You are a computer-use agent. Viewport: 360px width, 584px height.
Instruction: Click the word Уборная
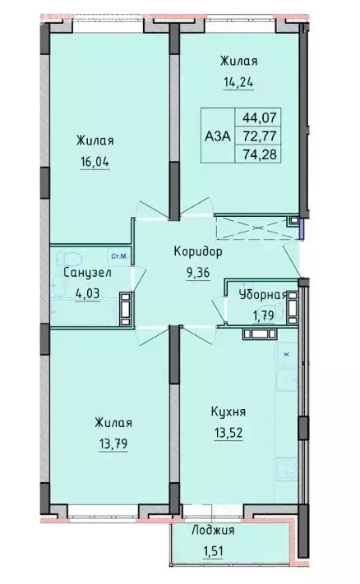[x=262, y=295]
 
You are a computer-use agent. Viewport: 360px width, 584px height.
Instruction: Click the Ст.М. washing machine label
[x=118, y=256]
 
